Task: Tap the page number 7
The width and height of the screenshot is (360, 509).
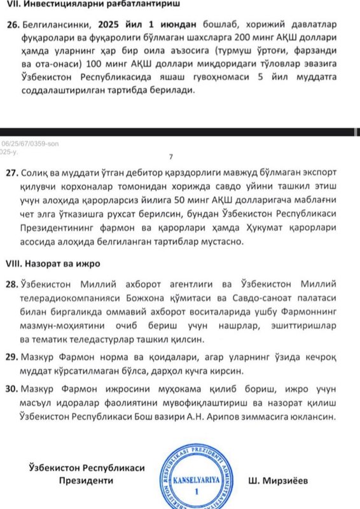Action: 170,157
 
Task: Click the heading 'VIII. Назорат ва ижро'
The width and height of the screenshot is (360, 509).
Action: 53,262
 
